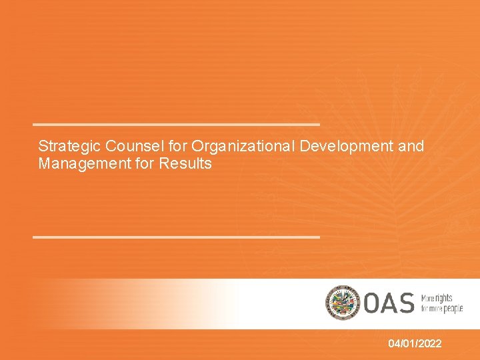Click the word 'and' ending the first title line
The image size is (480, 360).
click(x=411, y=146)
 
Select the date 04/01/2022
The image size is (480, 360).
click(x=415, y=343)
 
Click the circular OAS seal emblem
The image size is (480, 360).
click(x=342, y=302)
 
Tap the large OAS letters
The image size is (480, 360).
click(x=388, y=303)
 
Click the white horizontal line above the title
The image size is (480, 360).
click(x=177, y=125)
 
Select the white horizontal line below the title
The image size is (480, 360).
click(x=177, y=237)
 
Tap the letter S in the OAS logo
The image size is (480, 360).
click(x=405, y=303)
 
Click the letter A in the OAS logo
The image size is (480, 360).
click(x=389, y=303)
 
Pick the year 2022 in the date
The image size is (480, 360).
click(x=428, y=343)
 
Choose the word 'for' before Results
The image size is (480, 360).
click(x=145, y=163)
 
